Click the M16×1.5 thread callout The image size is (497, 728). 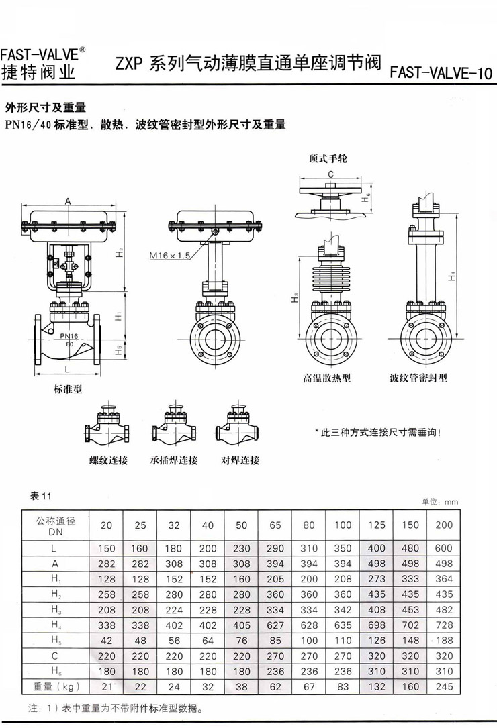170,256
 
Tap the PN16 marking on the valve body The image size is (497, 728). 69,336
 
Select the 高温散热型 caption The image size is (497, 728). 327,378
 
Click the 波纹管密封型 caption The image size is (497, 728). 418,378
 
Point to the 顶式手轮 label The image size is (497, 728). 328,159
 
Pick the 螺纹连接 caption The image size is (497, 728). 108,460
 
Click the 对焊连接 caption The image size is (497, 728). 240,460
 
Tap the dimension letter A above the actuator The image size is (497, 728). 68,201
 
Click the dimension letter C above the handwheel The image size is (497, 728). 331,174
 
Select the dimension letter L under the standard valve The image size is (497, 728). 67,370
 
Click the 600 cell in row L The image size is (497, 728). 443,548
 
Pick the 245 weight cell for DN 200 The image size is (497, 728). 444,686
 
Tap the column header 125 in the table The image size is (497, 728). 377,525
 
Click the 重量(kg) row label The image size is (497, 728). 56,686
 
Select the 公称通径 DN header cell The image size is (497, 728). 56,526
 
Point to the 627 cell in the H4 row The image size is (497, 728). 275,625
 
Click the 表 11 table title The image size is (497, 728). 41,497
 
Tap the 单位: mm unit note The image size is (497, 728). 440,501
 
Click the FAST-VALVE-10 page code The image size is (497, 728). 441,73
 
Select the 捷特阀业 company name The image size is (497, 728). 38,72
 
